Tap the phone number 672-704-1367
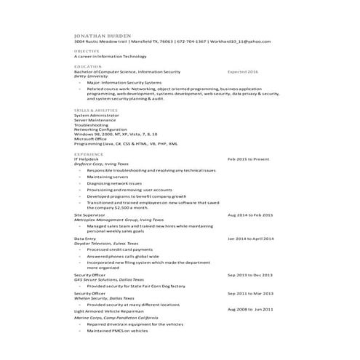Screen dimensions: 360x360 [x=191, y=41]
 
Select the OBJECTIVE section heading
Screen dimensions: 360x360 [x=87, y=52]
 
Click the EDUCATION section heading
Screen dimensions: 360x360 [x=87, y=67]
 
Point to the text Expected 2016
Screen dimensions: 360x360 [x=243, y=72]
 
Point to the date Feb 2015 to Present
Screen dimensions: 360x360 [x=248, y=159]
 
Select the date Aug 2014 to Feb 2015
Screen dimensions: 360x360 [x=250, y=215]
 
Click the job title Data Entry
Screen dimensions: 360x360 [x=85, y=238]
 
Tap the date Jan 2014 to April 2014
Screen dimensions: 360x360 [x=251, y=238]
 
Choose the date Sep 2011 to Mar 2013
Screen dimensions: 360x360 [x=249, y=293]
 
